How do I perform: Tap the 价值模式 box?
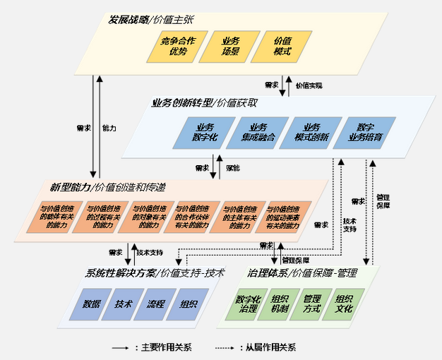coord(282,47)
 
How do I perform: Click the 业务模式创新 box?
coord(308,132)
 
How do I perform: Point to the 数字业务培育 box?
coord(364,132)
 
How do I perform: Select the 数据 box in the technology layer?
coord(92,304)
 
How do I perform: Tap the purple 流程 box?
coord(156,304)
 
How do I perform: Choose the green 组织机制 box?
coord(280,304)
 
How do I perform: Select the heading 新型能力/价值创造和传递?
coord(107,187)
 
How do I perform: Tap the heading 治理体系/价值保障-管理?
coord(301,272)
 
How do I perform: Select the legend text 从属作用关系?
coord(270,347)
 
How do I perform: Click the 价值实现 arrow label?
coord(309,85)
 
